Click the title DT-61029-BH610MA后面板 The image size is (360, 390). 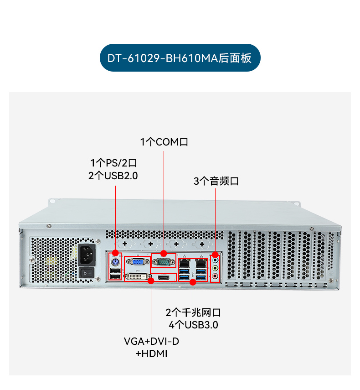pos(180,58)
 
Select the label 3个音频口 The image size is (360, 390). pos(216,181)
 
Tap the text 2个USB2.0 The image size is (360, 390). pos(113,176)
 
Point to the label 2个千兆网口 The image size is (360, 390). pos(193,313)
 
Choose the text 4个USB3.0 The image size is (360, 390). pos(193,325)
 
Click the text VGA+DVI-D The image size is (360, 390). pos(151,341)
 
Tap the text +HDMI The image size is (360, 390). pos(151,354)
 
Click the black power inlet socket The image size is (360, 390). pos(87,254)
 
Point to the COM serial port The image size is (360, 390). pos(164,262)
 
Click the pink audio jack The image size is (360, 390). pos(216,275)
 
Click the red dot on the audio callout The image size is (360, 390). pos(216,254)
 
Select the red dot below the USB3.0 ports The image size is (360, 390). pos(193,282)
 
